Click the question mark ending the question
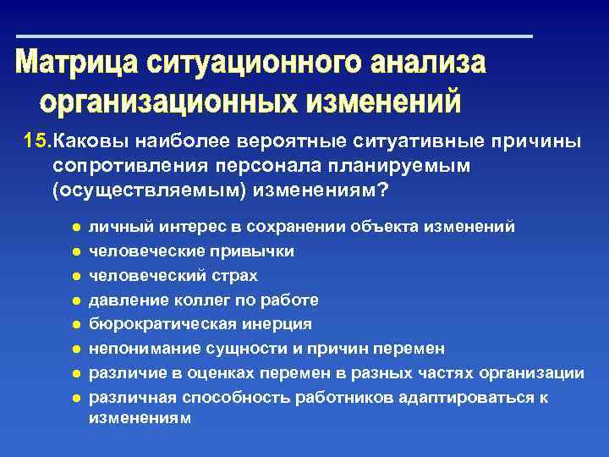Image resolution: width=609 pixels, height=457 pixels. [383, 190]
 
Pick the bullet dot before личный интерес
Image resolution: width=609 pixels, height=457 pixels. [75, 228]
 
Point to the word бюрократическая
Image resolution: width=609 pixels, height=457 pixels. [159, 324]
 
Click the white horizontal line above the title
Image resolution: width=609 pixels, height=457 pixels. [274, 36]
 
